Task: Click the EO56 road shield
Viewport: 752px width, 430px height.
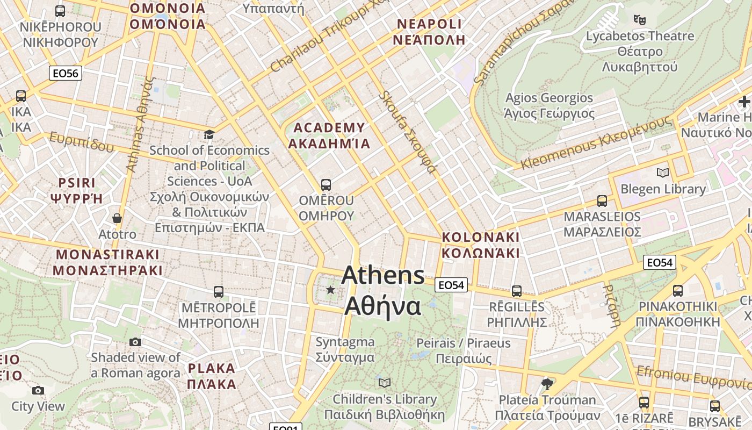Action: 66,74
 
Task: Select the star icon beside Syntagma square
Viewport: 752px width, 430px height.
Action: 330,290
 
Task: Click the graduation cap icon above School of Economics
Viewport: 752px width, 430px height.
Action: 209,134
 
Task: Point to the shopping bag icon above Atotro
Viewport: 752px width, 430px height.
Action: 117,218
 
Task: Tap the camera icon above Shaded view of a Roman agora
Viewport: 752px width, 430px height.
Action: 135,342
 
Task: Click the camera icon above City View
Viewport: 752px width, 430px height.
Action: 38,390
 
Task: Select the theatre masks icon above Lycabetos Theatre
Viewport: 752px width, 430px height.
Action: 639,20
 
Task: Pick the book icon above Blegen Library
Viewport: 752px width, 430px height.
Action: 663,173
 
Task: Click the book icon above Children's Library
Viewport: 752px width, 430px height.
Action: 384,383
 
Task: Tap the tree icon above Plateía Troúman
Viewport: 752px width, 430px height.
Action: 547,384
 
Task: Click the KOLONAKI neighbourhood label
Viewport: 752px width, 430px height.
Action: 480,245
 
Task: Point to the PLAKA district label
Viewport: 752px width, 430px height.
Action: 212,376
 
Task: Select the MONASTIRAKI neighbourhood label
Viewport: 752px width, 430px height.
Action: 107,262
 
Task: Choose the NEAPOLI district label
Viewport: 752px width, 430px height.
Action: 429,32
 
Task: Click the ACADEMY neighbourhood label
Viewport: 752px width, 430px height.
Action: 329,135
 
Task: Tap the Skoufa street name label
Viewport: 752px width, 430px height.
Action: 407,132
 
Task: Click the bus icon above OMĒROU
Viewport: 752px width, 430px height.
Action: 326,185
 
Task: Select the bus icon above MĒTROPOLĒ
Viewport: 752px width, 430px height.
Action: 218,292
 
